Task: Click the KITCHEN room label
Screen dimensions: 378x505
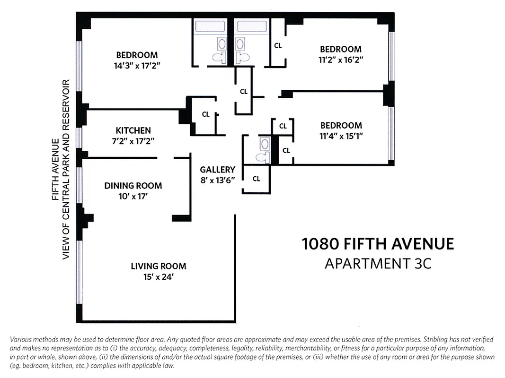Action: pos(133,130)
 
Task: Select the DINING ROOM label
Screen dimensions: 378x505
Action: pos(133,186)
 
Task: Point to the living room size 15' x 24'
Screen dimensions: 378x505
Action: pos(158,277)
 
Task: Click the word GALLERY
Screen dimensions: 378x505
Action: pos(217,170)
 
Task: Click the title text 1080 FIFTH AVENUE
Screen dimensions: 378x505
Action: pos(378,244)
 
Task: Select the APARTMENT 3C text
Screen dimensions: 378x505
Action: pos(378,263)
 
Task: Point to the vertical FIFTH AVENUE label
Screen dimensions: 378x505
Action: pos(56,169)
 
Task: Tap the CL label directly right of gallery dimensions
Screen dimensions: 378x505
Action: pos(256,179)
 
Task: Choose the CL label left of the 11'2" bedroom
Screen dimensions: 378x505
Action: pos(278,46)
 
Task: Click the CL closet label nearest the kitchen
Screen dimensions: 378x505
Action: pos(205,114)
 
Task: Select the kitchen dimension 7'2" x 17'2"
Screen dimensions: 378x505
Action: pos(133,141)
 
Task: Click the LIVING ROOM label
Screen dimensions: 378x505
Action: pos(158,266)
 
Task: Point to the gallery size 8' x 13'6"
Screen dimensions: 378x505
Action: pos(217,180)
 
